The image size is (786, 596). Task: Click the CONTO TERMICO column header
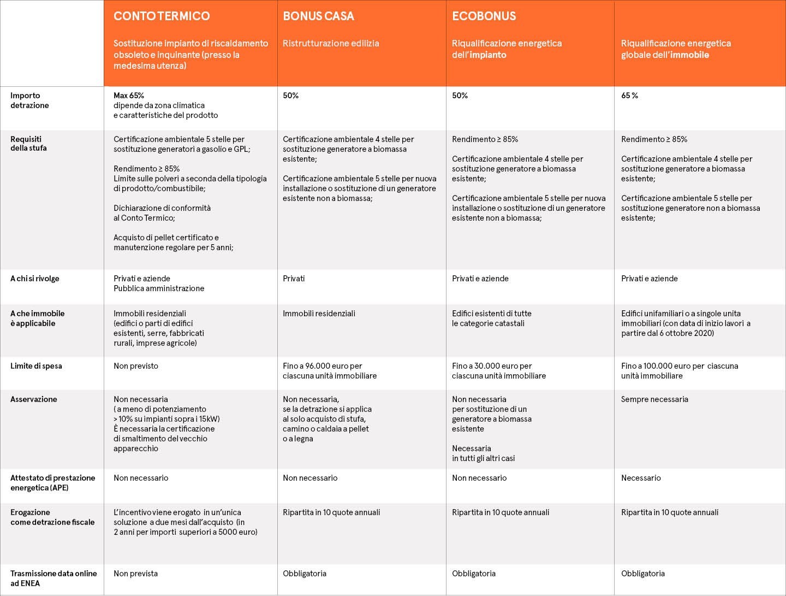pyautogui.click(x=162, y=16)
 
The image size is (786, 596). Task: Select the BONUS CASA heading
pyautogui.click(x=318, y=16)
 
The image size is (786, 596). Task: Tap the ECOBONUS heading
pyautogui.click(x=484, y=16)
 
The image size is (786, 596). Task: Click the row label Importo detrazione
pyautogui.click(x=29, y=101)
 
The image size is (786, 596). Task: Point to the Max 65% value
pyautogui.click(x=129, y=96)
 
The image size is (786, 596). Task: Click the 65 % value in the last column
pyautogui.click(x=629, y=96)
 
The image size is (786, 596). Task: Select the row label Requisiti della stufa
pyautogui.click(x=28, y=144)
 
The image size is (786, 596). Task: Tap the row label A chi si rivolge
pyautogui.click(x=35, y=279)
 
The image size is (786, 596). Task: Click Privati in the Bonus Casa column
pyautogui.click(x=294, y=279)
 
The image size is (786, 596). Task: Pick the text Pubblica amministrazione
pyautogui.click(x=159, y=288)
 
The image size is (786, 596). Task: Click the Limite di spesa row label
pyautogui.click(x=36, y=366)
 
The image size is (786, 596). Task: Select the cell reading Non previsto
pyautogui.click(x=136, y=366)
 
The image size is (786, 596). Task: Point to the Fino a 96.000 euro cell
pyautogui.click(x=329, y=371)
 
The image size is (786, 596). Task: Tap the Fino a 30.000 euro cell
pyautogui.click(x=498, y=371)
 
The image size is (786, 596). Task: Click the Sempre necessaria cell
pyautogui.click(x=654, y=399)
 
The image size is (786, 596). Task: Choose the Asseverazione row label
pyautogui.click(x=34, y=399)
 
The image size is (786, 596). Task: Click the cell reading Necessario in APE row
pyautogui.click(x=641, y=478)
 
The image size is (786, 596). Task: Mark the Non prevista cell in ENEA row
pyautogui.click(x=135, y=574)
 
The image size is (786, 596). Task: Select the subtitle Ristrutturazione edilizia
pyautogui.click(x=331, y=43)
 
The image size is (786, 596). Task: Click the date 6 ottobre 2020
pyautogui.click(x=687, y=333)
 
